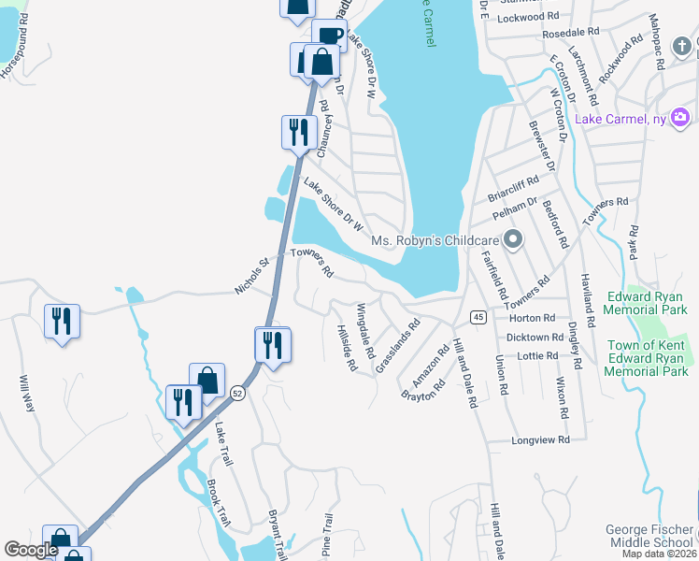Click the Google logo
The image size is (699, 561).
tap(31, 551)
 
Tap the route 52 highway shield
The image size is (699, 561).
tap(238, 396)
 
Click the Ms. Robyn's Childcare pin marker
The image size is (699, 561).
tap(512, 241)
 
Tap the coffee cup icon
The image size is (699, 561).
tap(329, 36)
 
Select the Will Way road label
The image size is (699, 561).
tap(26, 395)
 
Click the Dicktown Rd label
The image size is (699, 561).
tap(533, 337)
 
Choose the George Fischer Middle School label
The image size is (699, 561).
tap(649, 536)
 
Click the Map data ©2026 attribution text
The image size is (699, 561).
tap(658, 554)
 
